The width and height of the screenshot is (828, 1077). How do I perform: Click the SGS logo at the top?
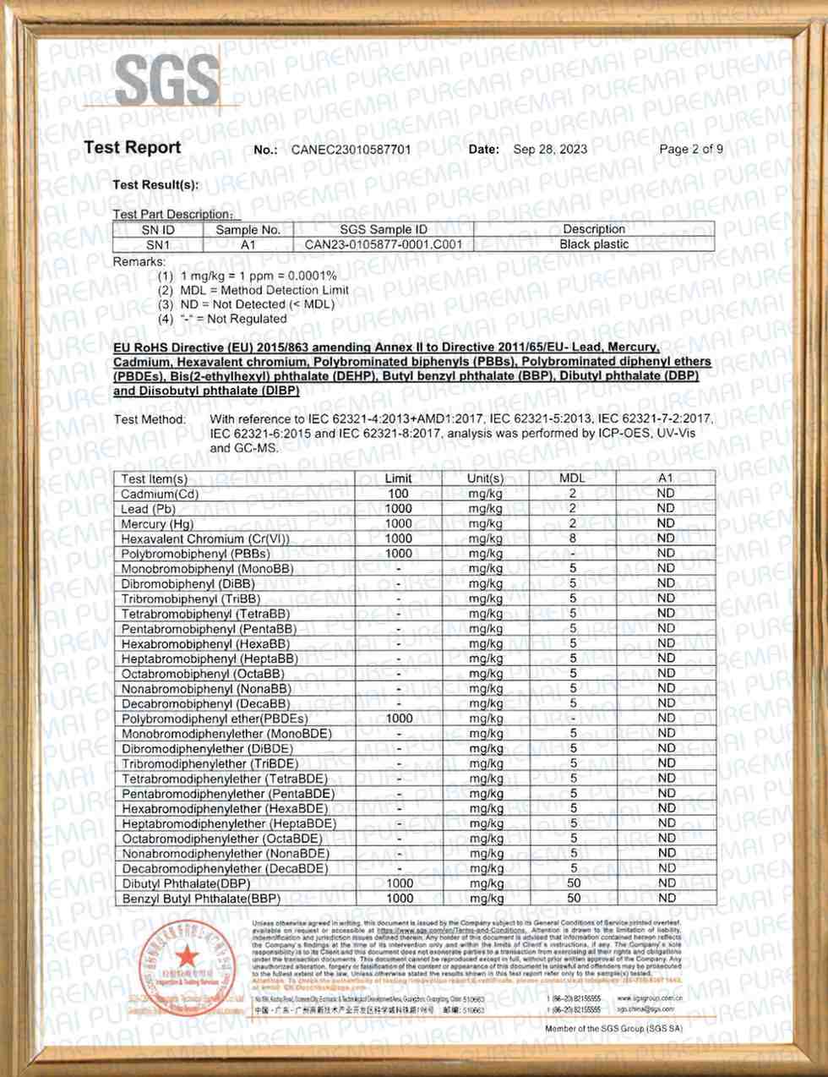click(167, 81)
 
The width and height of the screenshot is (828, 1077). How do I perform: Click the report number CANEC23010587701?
click(351, 150)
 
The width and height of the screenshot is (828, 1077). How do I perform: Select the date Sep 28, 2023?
click(550, 149)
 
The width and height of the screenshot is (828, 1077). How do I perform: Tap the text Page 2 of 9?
click(691, 149)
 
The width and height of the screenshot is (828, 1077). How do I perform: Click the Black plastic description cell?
click(594, 244)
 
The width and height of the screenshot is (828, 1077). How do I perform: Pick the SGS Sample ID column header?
click(384, 229)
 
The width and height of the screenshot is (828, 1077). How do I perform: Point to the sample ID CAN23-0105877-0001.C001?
click(384, 244)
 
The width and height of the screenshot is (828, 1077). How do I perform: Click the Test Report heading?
click(133, 147)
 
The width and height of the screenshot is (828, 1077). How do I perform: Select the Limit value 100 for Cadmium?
click(398, 493)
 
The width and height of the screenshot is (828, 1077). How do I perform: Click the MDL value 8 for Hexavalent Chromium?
click(573, 538)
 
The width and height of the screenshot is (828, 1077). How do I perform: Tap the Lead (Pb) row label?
click(148, 509)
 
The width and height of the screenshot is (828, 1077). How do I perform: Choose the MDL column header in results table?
click(573, 478)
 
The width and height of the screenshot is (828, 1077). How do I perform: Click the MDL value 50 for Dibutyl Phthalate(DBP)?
click(574, 883)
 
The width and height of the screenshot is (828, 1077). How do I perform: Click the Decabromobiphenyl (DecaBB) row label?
click(205, 703)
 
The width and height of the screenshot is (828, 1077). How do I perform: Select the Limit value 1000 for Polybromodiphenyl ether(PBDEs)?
click(399, 719)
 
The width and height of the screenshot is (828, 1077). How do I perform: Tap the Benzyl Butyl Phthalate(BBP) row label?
click(200, 899)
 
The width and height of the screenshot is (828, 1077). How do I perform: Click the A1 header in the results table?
click(666, 478)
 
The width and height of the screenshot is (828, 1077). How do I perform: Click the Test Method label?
click(150, 419)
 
